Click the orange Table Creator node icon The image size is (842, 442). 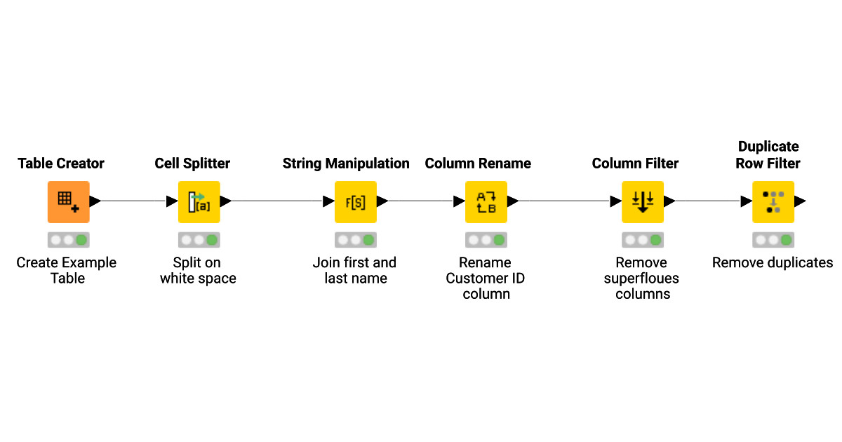tap(68, 201)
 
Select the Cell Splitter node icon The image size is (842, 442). tap(199, 201)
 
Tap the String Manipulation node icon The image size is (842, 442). tap(355, 201)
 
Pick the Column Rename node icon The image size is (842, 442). tap(486, 201)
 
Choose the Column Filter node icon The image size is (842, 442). tap(642, 201)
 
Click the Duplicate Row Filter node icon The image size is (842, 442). tap(773, 201)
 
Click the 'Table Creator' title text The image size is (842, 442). tap(61, 163)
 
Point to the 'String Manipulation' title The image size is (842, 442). tap(346, 163)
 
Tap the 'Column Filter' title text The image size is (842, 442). tap(635, 163)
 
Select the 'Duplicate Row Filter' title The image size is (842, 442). tap(768, 154)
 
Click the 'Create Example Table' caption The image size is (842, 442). tap(67, 270)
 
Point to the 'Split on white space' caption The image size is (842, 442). tap(198, 270)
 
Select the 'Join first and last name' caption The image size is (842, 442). tap(355, 270)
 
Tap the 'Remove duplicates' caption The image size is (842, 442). tap(773, 263)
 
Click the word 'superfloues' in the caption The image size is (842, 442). tap(641, 279)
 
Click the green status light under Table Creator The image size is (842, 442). tap(81, 240)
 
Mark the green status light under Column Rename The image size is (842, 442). tap(499, 240)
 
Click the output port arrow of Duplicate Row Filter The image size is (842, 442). tap(799, 201)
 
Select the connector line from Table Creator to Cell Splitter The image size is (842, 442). tap(133, 201)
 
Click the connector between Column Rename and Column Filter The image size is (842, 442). tap(564, 201)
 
